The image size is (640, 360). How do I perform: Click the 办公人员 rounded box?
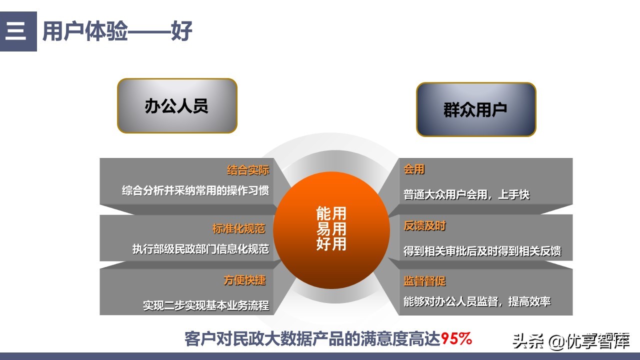tap(177, 106)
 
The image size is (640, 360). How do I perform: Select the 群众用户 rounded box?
tap(476, 109)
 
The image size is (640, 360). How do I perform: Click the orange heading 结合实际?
tap(248, 170)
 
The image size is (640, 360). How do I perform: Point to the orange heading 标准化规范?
tap(238, 229)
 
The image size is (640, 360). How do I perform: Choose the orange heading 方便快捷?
tap(244, 280)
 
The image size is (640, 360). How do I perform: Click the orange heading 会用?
tap(414, 170)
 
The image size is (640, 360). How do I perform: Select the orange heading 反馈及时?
tap(424, 226)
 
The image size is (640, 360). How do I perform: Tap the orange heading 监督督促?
tap(424, 281)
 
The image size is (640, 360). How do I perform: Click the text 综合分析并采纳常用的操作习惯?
tap(195, 191)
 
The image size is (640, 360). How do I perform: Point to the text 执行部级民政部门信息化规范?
tap(200, 249)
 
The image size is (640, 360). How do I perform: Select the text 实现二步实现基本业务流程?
tap(206, 305)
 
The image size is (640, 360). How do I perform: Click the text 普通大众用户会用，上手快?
tap(466, 194)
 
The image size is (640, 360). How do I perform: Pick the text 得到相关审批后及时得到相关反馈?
tap(482, 251)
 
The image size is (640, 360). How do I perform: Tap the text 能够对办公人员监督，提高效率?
tap(477, 301)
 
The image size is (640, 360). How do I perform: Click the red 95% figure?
tap(456, 339)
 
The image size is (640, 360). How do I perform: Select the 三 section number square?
tap(18, 31)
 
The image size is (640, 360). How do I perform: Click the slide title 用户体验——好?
tap(117, 31)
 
